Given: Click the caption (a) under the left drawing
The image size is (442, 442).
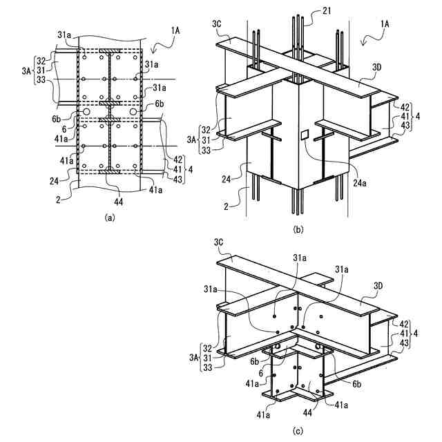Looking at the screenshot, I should (108, 216).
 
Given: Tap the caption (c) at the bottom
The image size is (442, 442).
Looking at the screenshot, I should (297, 432).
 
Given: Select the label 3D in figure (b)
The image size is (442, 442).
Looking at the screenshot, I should (377, 66).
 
